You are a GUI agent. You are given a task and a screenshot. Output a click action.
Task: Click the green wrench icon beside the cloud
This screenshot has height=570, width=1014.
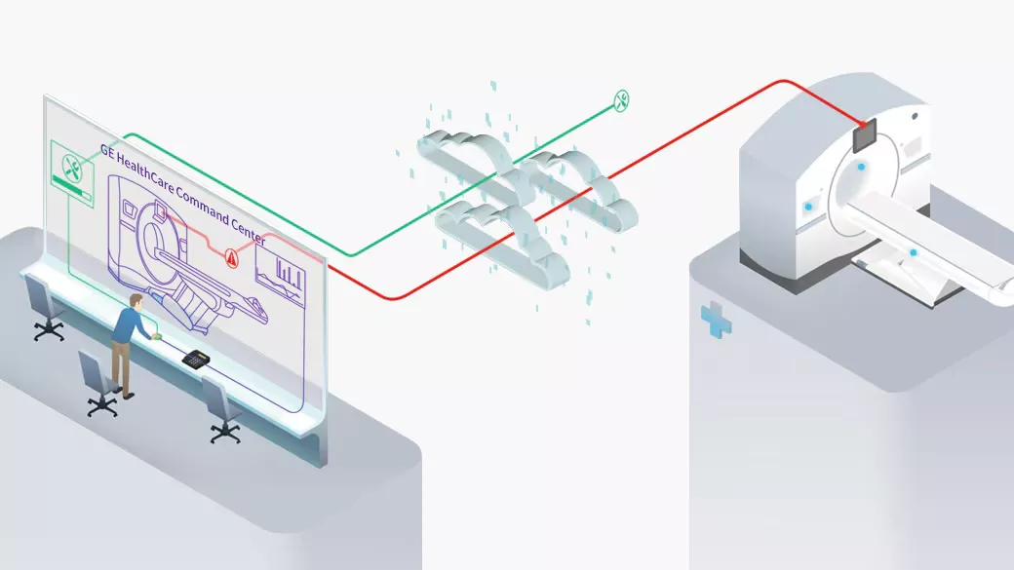[x=621, y=100]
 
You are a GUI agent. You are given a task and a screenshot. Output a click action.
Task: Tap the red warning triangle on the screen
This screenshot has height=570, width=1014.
[x=231, y=258]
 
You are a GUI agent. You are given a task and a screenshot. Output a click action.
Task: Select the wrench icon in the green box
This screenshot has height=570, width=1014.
[x=72, y=168]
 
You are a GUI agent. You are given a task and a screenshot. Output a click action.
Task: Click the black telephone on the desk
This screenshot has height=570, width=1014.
[x=195, y=359]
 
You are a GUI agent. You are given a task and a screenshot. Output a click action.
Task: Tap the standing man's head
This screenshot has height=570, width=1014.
[x=136, y=300]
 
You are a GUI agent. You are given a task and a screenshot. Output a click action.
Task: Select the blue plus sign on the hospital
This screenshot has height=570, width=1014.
[x=716, y=320]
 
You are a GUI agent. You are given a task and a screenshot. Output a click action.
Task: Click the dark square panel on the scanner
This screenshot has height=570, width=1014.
[x=864, y=136]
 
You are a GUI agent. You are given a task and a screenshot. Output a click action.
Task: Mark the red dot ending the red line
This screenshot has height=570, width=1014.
[x=862, y=124]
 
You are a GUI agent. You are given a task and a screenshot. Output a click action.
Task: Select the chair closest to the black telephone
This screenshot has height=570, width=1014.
[x=222, y=410]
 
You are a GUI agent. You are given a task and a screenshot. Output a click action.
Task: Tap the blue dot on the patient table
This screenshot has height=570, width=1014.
[x=914, y=252]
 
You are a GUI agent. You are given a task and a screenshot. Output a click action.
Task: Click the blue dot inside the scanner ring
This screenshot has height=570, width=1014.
[x=861, y=167]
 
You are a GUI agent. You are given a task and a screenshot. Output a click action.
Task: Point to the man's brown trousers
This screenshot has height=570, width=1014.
[x=121, y=365]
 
